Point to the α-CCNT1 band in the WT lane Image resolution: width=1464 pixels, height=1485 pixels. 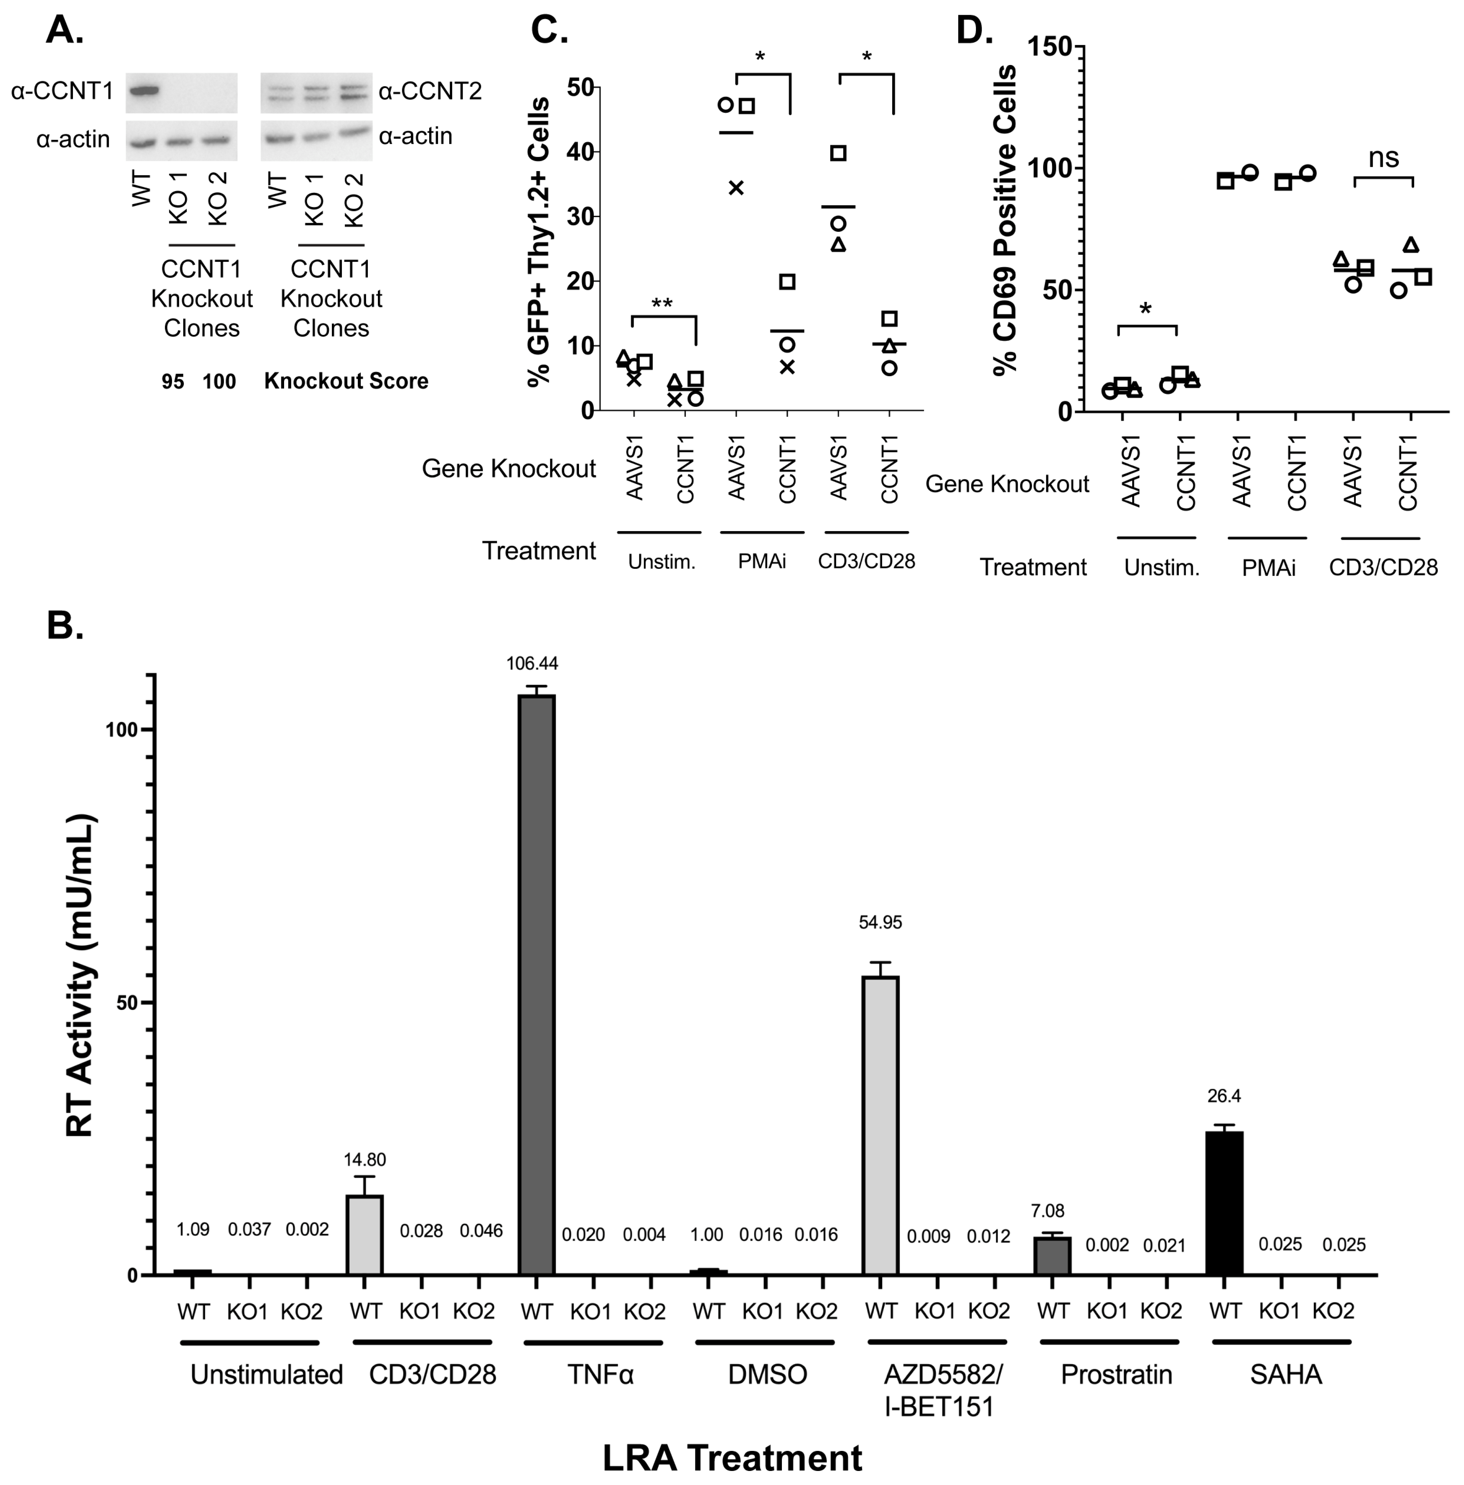pos(143,91)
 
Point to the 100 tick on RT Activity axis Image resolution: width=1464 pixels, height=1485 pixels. pos(121,729)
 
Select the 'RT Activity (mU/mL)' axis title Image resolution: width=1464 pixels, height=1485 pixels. pos(81,976)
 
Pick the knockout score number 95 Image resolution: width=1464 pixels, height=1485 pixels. pos(173,381)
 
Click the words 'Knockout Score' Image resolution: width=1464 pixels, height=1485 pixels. pos(346,381)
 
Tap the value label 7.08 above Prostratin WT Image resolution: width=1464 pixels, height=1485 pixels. pos(1047,1211)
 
